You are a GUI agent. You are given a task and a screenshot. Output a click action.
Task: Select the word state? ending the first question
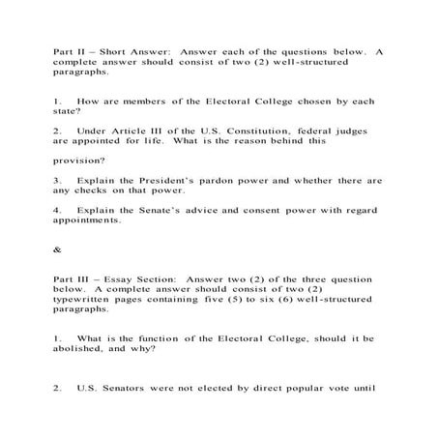(x=69, y=112)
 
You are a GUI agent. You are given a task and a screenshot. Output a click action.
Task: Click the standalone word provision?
(x=80, y=160)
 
